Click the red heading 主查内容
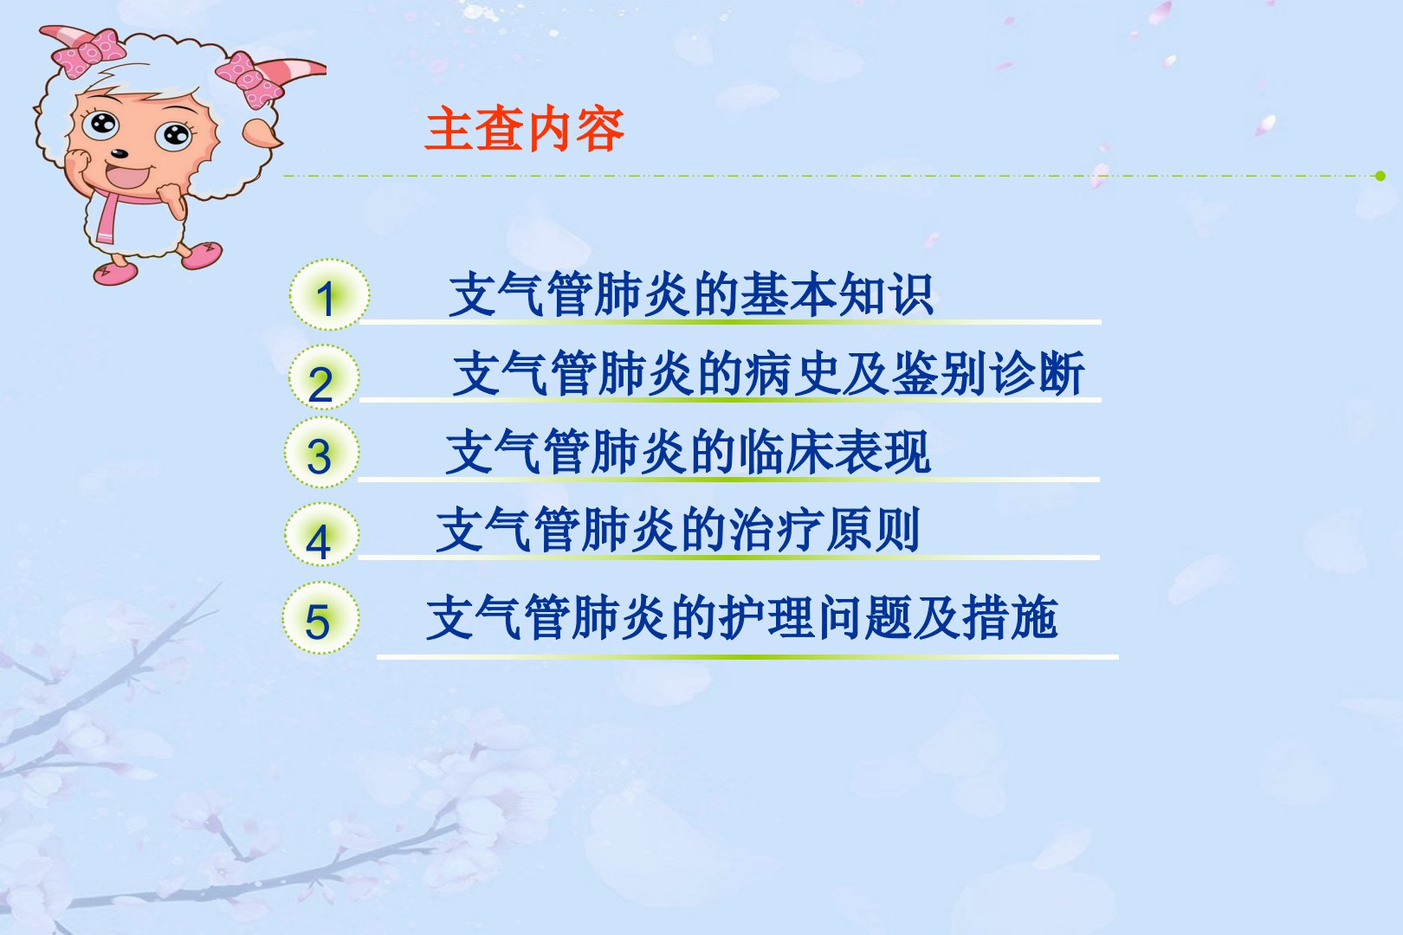tap(524, 130)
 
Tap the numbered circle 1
tap(329, 294)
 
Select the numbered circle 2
tap(324, 377)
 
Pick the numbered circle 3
tap(322, 453)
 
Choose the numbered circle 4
tap(321, 535)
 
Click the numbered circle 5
tap(320, 618)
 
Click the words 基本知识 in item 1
tap(837, 294)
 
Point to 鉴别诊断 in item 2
tap(988, 373)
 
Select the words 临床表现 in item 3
tap(834, 452)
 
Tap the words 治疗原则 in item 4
tap(824, 530)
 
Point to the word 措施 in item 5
tap(1011, 617)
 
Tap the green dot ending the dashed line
tap(1380, 176)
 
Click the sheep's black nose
tap(119, 153)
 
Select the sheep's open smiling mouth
tap(127, 176)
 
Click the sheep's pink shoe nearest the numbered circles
tap(204, 255)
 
